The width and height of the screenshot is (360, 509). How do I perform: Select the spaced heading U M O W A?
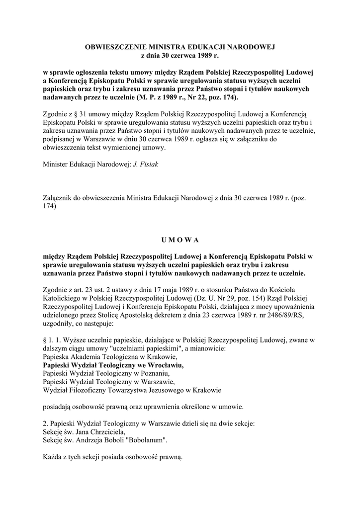(180, 240)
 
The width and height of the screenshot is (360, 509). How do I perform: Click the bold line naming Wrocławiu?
(113, 364)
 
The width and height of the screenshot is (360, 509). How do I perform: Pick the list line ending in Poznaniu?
(106, 373)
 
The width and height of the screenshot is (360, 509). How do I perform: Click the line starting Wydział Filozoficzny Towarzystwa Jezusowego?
(132, 390)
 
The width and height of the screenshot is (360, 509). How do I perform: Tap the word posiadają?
(59, 407)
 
